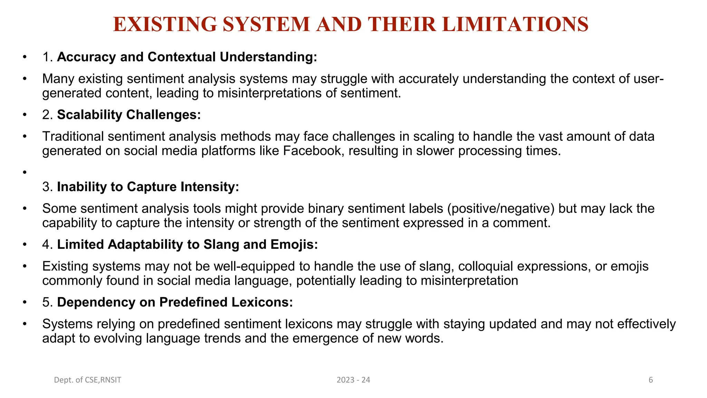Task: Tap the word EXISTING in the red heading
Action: tap(165, 25)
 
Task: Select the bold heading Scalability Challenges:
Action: tap(129, 115)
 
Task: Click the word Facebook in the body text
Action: tap(312, 151)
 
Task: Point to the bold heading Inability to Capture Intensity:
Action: tap(148, 187)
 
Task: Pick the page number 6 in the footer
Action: tap(651, 380)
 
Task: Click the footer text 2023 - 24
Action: tap(353, 380)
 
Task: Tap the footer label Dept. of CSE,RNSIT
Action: tap(88, 380)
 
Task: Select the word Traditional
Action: tap(73, 136)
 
